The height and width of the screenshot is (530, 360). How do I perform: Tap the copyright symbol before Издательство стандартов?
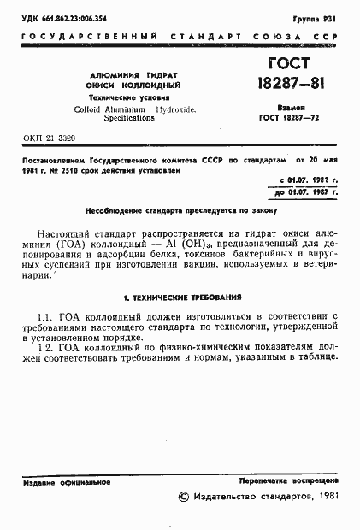(181, 497)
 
